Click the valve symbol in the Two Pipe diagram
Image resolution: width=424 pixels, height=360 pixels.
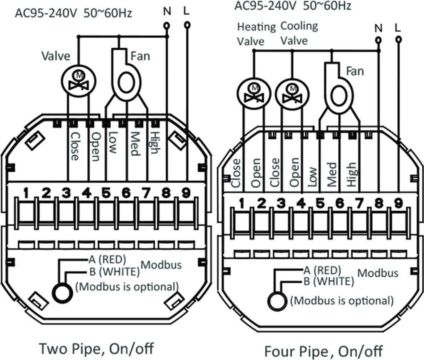pos(79,82)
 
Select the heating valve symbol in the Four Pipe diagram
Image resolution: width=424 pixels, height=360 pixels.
pos(254,94)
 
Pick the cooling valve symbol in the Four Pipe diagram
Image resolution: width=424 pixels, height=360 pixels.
pos(292,94)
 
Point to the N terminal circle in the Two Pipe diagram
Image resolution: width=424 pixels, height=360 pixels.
pos(167,26)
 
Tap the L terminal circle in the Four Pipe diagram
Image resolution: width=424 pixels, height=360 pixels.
pos(398,40)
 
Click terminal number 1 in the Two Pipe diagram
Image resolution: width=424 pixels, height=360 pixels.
pos(26,193)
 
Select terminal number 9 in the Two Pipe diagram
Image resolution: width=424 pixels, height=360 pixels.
pos(186,193)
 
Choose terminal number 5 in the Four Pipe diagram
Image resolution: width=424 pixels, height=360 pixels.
pos(320,203)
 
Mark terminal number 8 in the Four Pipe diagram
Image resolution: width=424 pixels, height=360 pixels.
pos(379,203)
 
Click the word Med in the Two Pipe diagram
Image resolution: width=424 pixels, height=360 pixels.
pos(135,144)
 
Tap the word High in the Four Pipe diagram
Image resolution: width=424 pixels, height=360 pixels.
pos(352,174)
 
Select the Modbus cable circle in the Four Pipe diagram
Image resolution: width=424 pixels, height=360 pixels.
pos(277,301)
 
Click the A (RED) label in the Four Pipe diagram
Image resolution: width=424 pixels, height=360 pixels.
pos(322,270)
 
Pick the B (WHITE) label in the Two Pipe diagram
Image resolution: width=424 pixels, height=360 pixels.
pos(114,272)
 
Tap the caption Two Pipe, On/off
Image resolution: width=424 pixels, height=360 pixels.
pos(96,349)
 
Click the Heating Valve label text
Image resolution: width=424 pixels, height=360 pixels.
pos(256,34)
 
